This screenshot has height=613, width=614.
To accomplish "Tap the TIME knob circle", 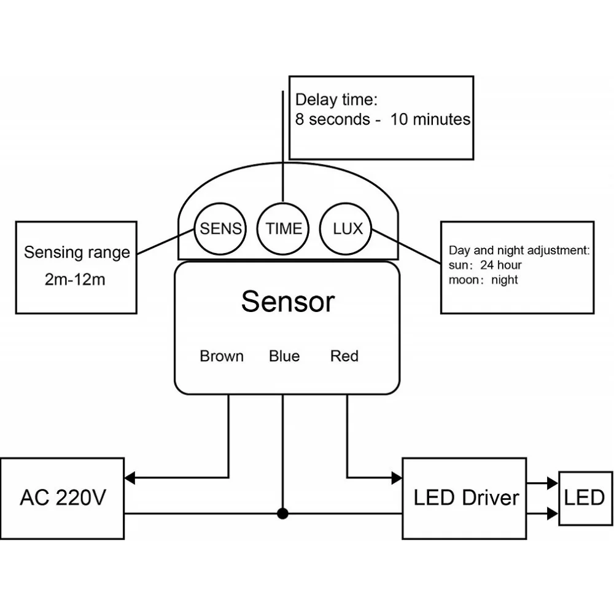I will coord(283,228).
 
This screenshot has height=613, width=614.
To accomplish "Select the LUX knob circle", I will coord(348,228).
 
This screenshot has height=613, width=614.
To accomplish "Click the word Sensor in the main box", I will coord(287,302).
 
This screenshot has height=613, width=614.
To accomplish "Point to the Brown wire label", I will coord(222,356).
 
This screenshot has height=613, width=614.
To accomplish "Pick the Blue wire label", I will coord(284,356).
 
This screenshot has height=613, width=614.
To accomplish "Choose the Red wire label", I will coord(344,356).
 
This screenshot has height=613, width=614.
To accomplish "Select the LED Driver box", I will coord(465,498).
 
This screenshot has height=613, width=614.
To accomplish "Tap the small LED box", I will coord(585,498).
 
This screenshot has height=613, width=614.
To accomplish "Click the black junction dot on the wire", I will coord(282,513).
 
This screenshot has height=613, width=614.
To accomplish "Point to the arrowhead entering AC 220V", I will coord(130,477).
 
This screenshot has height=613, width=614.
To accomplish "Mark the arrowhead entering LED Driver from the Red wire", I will coord(397,477).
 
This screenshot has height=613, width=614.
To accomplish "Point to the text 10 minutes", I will coord(430,119).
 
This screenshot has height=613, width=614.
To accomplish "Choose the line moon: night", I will coord(483,280).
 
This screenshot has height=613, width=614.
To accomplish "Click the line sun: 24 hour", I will coord(485,265).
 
